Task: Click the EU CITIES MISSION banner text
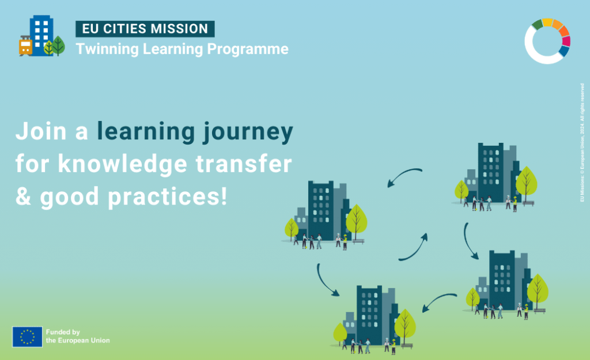[145, 29]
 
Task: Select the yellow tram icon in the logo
[25, 46]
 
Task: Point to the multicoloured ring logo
[547, 40]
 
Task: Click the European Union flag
[27, 337]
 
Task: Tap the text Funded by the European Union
[77, 336]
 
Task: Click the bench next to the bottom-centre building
[407, 346]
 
